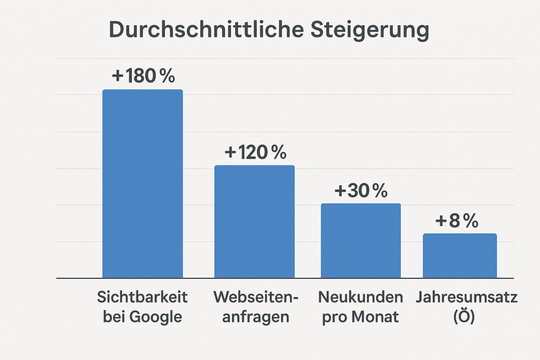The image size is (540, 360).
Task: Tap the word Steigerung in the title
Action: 370,30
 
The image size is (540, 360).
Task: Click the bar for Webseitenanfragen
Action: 254,221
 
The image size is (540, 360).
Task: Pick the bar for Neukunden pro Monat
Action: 361,240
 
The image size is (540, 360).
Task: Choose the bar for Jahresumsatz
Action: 459,256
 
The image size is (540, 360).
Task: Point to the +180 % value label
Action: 143,76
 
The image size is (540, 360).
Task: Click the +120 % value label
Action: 255,153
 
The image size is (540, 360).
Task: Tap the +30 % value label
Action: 361,191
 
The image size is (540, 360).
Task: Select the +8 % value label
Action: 457,221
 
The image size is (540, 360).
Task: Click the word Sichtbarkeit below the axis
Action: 142,297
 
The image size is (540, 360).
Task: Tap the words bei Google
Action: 142,317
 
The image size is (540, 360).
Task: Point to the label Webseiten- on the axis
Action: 256,297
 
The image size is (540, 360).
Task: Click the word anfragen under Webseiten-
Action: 256,317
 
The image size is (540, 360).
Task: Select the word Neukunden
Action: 361,297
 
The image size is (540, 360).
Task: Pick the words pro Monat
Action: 361,317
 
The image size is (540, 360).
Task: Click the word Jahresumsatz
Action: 466,297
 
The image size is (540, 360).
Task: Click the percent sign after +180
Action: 167,76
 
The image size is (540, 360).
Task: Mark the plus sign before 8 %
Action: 441,222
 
